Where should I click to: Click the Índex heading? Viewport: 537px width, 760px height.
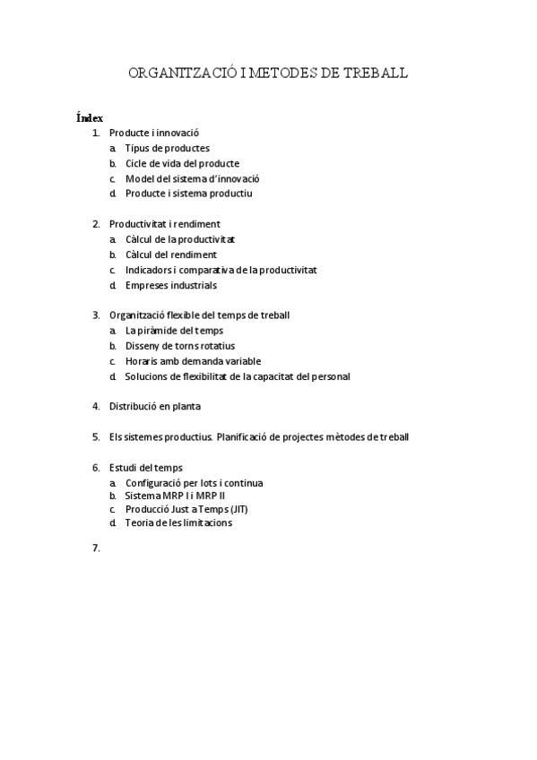90,117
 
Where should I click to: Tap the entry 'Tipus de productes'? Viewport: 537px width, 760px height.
167,148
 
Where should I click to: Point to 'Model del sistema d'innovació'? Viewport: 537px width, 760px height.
192,178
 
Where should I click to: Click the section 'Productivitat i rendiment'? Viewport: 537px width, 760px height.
164,224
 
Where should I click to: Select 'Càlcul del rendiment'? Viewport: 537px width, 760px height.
170,255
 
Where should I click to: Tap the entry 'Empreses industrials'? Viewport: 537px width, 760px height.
170,285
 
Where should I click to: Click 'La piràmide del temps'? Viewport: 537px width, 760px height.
174,331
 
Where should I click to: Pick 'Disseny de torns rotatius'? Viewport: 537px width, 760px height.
180,346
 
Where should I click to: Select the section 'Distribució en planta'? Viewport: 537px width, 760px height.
154,406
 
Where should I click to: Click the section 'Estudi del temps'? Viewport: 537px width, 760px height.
145,467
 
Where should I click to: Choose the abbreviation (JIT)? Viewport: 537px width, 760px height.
239,509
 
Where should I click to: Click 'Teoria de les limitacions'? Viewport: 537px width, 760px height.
178,523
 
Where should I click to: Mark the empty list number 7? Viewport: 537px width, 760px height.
95,548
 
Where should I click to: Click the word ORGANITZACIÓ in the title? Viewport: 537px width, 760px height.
184,73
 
